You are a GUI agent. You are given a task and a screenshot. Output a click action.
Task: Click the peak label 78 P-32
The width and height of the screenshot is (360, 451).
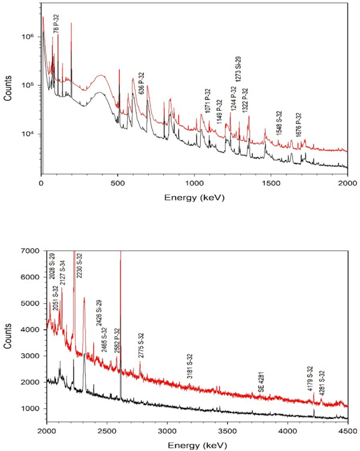[56, 24]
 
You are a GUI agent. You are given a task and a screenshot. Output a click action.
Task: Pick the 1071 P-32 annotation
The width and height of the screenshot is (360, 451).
[208, 100]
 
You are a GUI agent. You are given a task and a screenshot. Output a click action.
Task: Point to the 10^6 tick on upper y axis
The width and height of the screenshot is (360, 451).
[27, 37]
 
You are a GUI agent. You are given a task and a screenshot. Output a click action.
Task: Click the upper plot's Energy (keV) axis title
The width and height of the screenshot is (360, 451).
[194, 198]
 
